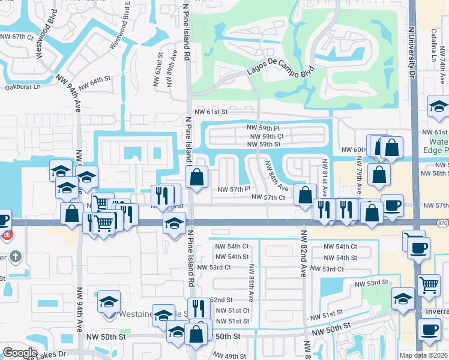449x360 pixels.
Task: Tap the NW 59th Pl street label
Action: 263,128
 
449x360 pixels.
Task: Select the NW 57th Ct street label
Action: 267,197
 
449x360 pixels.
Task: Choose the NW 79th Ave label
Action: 359,175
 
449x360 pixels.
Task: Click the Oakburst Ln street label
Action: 22,86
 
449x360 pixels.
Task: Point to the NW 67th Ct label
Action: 17,37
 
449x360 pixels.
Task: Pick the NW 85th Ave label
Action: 251,283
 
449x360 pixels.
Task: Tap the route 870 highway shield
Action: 442,221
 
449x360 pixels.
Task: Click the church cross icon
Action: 15,257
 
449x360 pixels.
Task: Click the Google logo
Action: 20,353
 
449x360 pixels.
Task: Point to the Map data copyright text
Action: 424,355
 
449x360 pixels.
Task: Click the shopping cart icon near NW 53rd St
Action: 429,284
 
